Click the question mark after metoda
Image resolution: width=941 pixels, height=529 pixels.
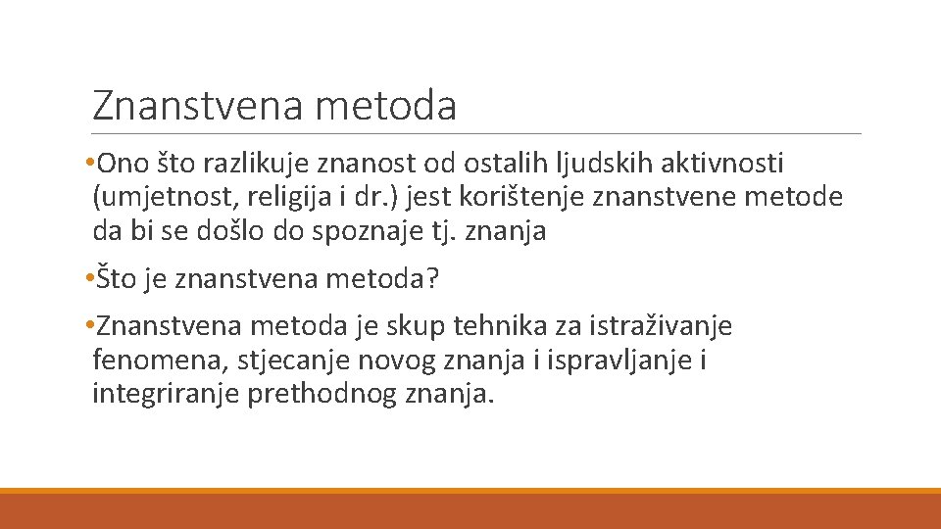coord(432,278)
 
